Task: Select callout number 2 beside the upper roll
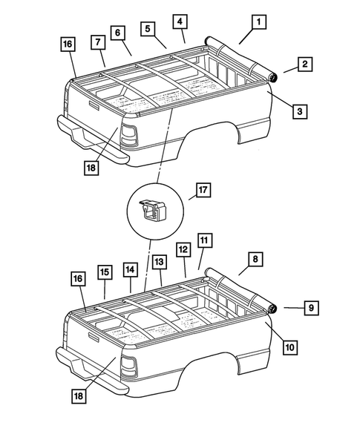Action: point(304,65)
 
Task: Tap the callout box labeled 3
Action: point(298,111)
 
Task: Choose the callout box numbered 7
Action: point(98,42)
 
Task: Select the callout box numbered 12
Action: point(182,249)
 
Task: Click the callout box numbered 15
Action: point(104,272)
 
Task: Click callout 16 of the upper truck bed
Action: point(68,45)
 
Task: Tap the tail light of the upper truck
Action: point(129,136)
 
